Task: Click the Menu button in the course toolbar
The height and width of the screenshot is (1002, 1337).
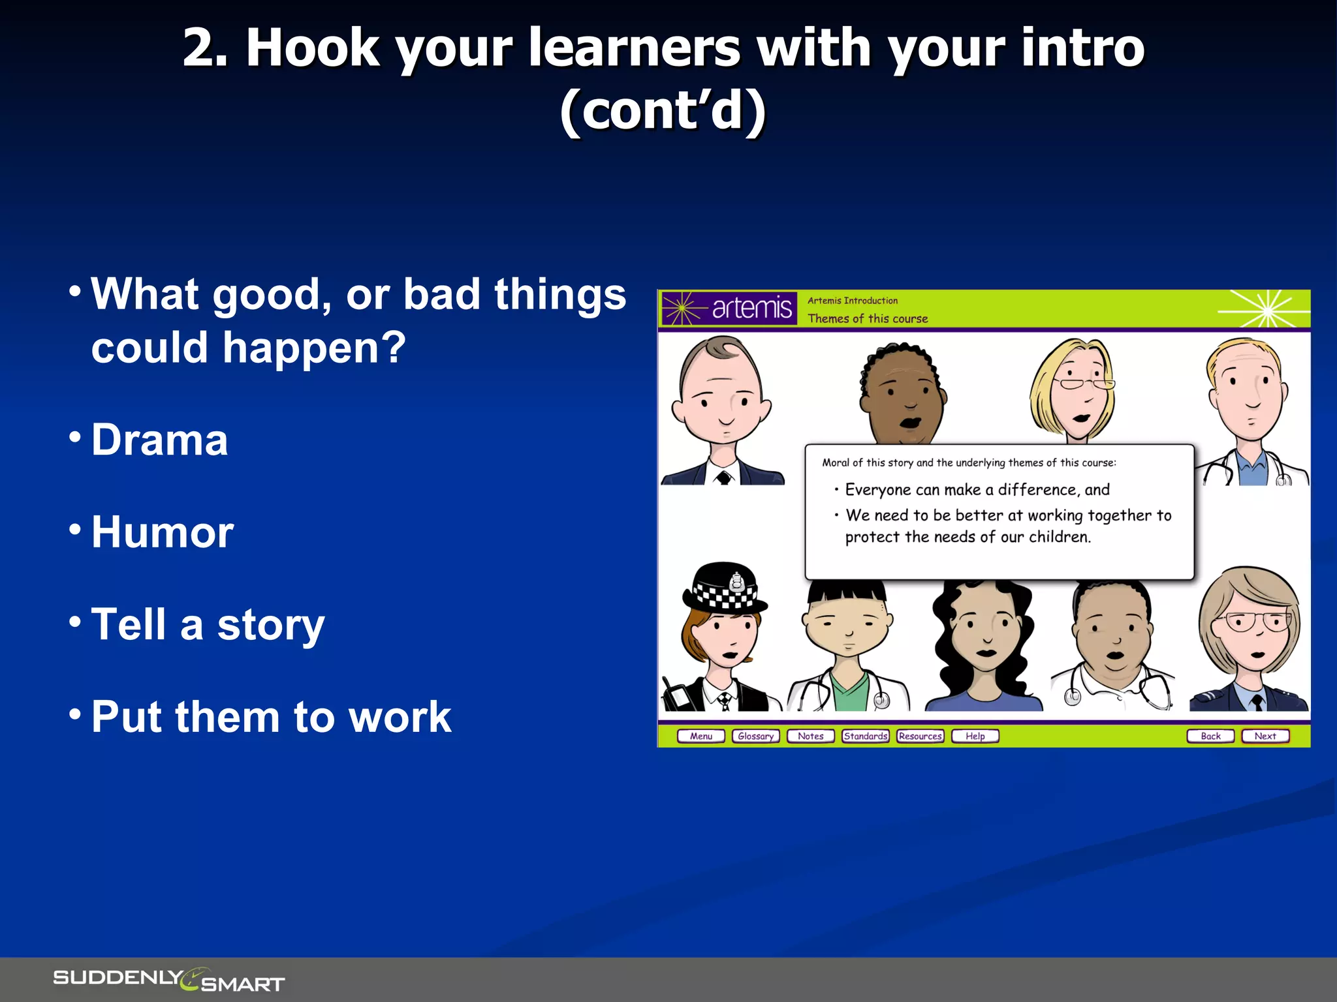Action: point(701,736)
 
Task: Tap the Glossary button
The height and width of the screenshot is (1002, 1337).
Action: point(755,736)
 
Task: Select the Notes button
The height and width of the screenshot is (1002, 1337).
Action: point(810,736)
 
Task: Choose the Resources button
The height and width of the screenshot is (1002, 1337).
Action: point(920,736)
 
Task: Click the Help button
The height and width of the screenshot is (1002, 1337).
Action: point(975,736)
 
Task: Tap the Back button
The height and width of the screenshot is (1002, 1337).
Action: point(1210,736)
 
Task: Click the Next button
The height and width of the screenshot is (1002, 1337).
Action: point(1265,736)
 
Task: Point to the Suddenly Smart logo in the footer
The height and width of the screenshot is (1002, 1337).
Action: point(168,979)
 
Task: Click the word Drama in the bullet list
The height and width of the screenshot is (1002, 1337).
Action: point(159,440)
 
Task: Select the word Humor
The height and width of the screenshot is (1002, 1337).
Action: point(162,532)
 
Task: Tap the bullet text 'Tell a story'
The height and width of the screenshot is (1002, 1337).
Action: point(208,624)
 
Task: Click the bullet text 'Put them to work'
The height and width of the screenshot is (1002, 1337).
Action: point(271,717)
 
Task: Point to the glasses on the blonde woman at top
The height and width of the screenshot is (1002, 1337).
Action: point(1084,383)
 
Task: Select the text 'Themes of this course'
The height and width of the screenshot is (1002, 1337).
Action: point(868,318)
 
